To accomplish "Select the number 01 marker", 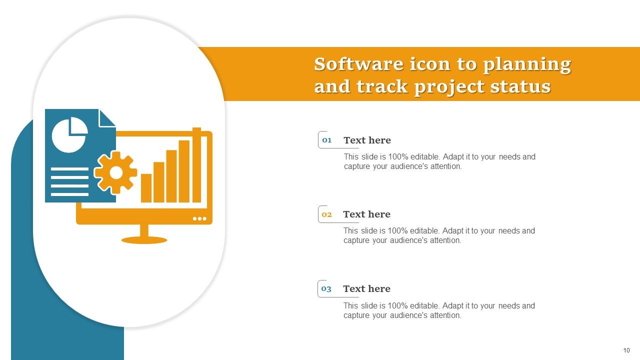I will (327, 140).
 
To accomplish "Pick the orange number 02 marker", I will (327, 214).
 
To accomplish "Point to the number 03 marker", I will (326, 289).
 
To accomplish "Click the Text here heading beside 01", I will (367, 140).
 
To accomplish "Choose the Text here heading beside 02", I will (366, 214).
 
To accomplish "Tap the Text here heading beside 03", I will (366, 289).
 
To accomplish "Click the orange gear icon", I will (116, 172).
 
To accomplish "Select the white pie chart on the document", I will (69, 134).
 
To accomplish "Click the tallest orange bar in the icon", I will (196, 165).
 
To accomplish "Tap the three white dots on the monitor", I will (199, 218).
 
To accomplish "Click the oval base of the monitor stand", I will (144, 240).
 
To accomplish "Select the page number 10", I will (626, 350).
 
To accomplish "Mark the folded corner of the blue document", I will (106, 118).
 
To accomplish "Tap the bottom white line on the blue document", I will (69, 194).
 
